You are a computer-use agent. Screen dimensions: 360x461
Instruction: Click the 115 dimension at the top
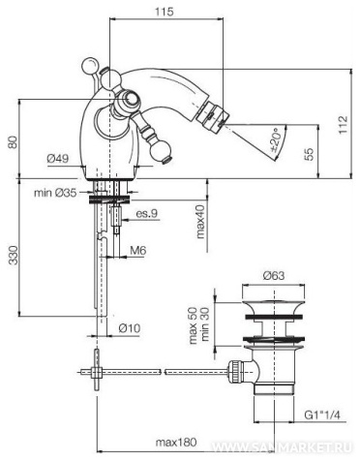pyautogui.click(x=165, y=12)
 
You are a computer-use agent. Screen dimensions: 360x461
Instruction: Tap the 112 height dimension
pyautogui.click(x=344, y=124)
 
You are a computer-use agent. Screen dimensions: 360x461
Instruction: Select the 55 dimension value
pyautogui.click(x=309, y=154)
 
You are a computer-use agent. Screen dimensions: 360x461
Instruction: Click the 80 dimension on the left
pyautogui.click(x=13, y=141)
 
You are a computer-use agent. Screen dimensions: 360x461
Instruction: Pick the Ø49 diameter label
pyautogui.click(x=58, y=158)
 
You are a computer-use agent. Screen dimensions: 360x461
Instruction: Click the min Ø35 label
pyautogui.click(x=55, y=193)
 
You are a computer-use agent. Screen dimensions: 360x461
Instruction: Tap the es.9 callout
pyautogui.click(x=146, y=213)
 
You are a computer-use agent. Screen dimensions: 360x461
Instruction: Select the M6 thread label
pyautogui.click(x=138, y=250)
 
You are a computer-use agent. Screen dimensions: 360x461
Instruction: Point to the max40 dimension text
pyautogui.click(x=201, y=222)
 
